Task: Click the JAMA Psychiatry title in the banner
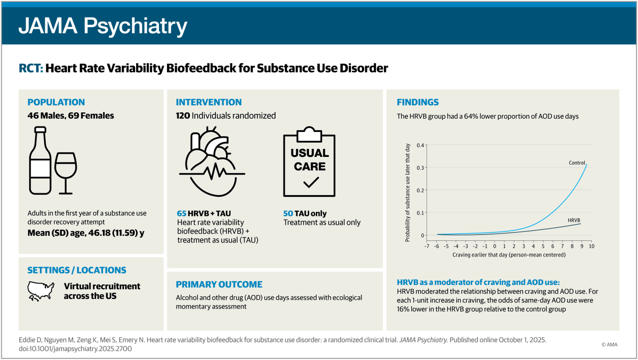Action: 103,25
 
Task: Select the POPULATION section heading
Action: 56,102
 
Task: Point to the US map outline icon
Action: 41,290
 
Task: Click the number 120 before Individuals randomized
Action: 183,115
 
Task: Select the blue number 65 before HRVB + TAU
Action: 181,213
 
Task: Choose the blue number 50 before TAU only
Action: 288,213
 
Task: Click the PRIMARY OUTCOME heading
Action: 219,284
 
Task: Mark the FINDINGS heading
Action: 418,102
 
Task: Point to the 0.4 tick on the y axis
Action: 420,145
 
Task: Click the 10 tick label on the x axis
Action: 591,247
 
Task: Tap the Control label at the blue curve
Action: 576,163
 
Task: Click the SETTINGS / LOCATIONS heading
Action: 77,270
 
